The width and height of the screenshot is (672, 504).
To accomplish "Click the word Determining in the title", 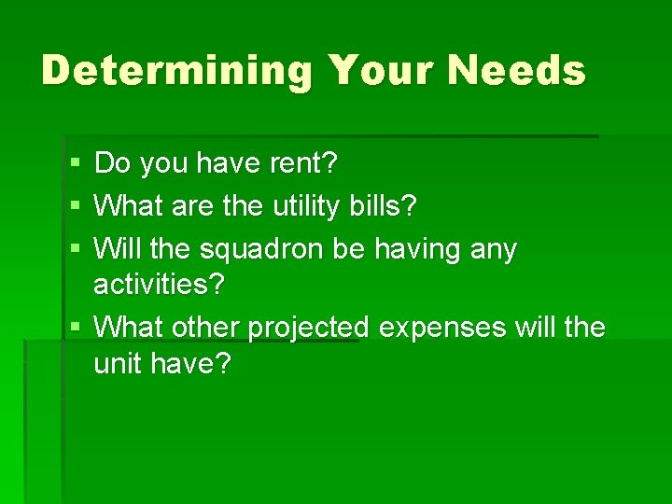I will (176, 71).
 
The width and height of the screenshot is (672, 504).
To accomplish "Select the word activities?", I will (160, 285).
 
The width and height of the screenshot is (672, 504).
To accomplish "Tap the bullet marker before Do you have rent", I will (75, 164).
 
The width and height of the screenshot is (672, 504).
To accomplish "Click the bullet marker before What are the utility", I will (75, 206).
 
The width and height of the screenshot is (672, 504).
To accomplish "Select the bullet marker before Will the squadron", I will (75, 249).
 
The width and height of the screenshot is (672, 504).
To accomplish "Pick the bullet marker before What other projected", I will (75, 329).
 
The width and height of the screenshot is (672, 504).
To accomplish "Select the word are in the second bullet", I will (195, 205).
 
